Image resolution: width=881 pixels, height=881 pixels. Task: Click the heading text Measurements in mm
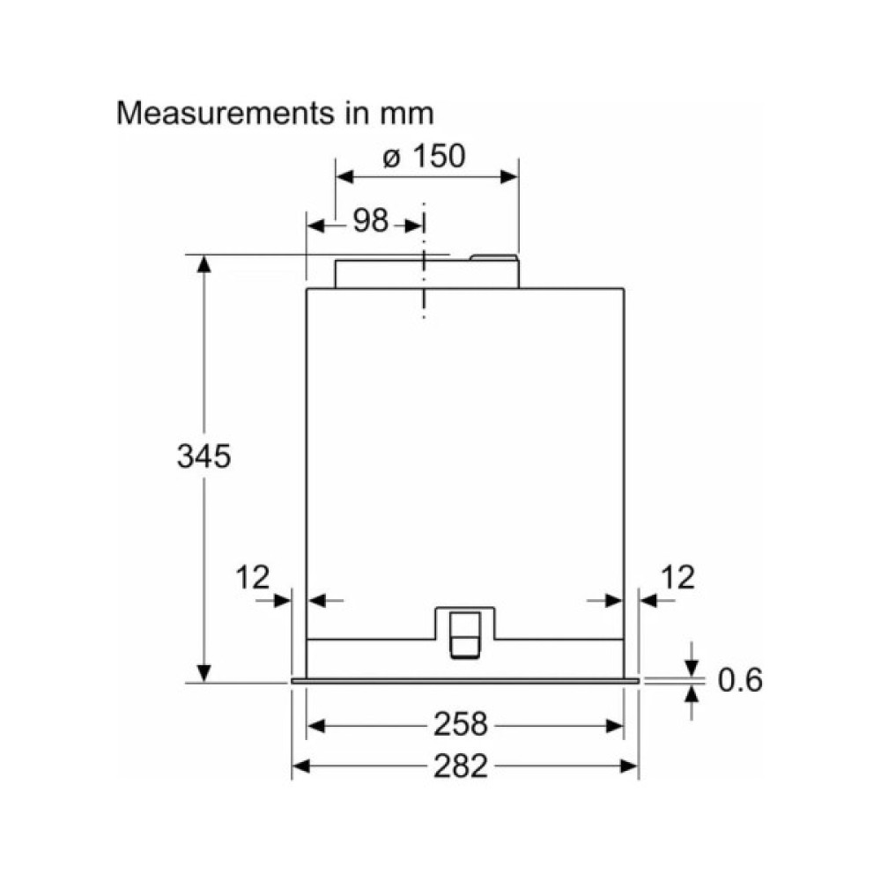276,114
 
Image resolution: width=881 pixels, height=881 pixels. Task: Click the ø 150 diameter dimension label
424,157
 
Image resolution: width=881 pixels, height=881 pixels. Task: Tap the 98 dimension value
371,221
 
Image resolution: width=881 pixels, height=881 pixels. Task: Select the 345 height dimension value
203,456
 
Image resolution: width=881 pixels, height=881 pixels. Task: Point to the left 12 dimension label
252,578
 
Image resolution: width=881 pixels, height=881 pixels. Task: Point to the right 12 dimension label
677,578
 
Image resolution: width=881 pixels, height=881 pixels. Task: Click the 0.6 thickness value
739,680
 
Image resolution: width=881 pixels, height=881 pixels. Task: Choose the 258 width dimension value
460,725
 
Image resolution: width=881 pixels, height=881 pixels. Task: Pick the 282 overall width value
460,766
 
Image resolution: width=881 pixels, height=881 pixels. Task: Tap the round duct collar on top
426,271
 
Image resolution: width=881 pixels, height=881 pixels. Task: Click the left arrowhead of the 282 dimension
300,766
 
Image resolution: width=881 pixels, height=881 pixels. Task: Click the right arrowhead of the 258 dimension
616,726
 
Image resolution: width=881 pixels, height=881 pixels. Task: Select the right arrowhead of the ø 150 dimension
510,176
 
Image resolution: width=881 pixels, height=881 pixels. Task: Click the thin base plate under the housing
464,681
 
